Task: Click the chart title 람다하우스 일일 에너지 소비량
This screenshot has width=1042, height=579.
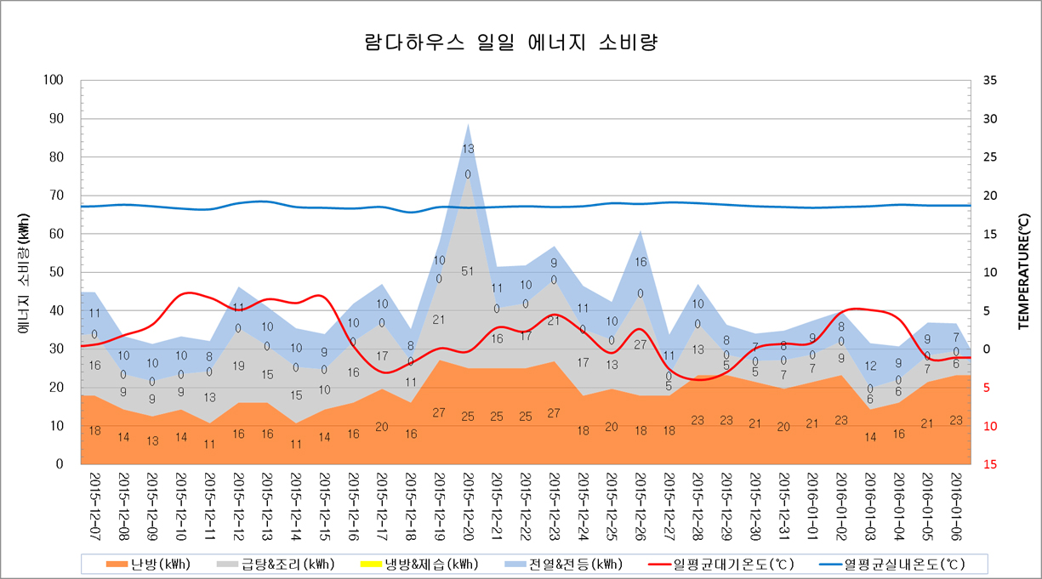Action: [510, 43]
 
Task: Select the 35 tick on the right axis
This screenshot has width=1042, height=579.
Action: [988, 80]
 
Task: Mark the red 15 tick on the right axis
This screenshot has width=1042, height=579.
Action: [988, 464]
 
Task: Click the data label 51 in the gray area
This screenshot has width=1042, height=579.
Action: [468, 271]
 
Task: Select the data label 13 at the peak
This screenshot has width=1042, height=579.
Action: [468, 149]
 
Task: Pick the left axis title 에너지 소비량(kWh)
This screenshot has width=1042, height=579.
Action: [23, 272]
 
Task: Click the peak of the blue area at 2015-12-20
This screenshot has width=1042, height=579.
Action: [468, 125]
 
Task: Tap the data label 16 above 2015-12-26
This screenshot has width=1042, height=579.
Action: [641, 263]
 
